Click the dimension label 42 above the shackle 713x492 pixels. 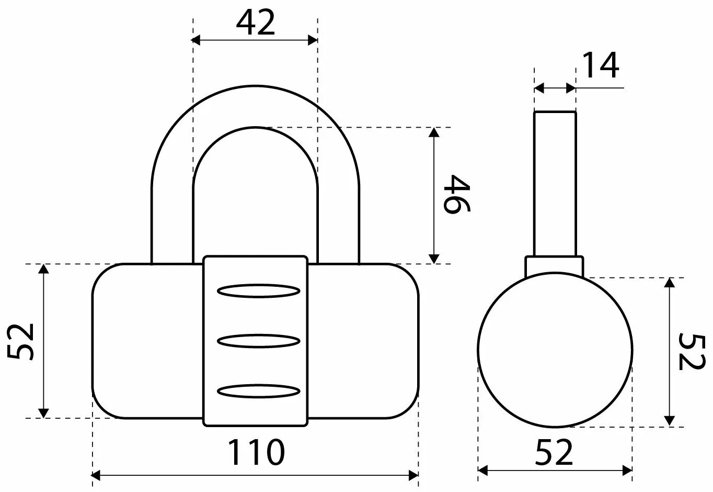click(255, 23)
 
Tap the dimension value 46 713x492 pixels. click(457, 194)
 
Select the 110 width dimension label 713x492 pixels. click(256, 452)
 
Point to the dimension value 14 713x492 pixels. click(600, 65)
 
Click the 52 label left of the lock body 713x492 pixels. click(22, 341)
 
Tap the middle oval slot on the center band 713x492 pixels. click(258, 341)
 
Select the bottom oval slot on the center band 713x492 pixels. click(258, 390)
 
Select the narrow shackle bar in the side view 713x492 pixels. click(555, 183)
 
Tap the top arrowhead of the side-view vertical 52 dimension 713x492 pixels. click(669, 283)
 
